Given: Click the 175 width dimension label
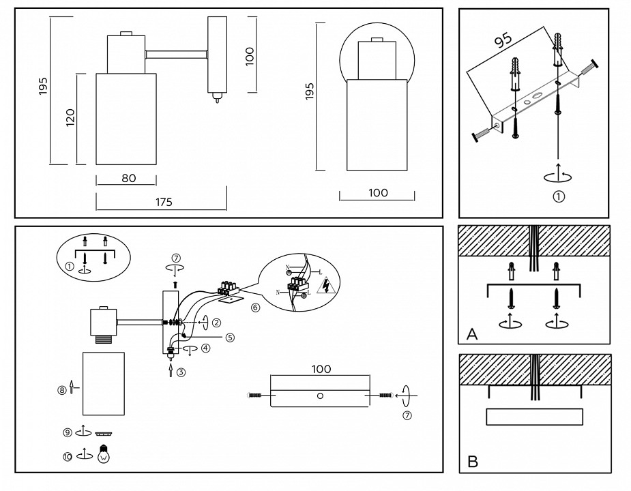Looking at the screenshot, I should pos(163,202).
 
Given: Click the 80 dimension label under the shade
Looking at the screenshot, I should pos(128,179).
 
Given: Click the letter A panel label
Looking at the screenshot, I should pos(471,334).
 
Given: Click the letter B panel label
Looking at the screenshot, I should pos(472,462).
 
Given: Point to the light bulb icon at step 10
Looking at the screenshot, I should pos(104,454).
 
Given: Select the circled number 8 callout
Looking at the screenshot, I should pos(62,389).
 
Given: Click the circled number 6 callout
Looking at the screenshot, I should pos(255,307).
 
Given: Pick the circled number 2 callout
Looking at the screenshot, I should pos(216,322).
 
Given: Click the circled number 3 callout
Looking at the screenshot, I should pos(181,372).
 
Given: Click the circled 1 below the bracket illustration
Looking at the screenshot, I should pos(558,197).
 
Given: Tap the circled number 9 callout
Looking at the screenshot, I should pos(68,432).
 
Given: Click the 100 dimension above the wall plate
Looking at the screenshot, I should pos(321,369).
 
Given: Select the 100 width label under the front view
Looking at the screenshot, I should pos(377,193).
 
